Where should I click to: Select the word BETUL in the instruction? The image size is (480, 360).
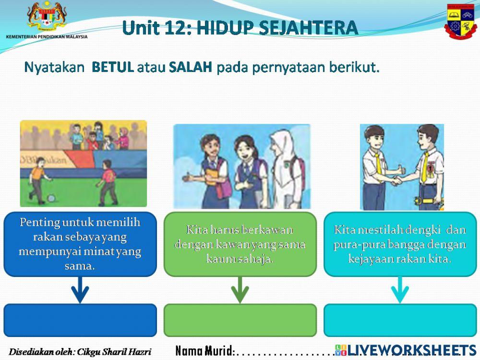point(112,67)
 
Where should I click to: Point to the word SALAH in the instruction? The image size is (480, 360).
point(191,67)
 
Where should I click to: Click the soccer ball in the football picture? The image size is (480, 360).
point(51,197)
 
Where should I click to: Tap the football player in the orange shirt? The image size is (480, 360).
point(38,178)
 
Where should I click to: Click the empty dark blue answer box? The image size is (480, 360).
point(80,320)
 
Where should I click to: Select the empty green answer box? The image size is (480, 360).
point(240,320)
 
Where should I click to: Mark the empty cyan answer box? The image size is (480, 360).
point(400,320)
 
